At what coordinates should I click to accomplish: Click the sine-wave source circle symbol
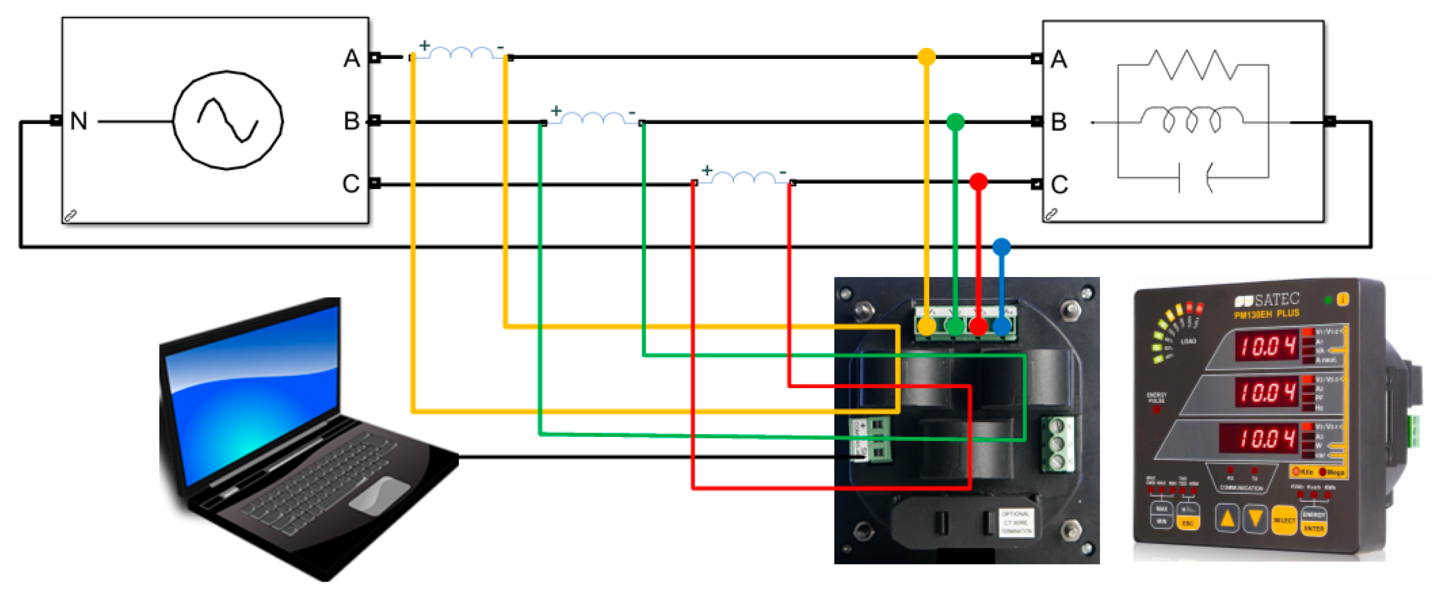228,120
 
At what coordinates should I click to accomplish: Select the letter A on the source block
351,58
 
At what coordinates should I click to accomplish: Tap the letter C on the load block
1059,184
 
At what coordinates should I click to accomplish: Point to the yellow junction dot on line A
926,57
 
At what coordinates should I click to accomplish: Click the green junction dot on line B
955,121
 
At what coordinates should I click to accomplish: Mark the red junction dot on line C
978,182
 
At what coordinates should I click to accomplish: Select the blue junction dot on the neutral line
1001,246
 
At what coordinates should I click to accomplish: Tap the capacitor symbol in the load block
1194,178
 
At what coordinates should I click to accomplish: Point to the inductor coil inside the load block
1192,119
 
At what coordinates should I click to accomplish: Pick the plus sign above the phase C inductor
707,170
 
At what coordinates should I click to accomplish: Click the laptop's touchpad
379,495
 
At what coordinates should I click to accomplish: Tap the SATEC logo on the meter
1266,300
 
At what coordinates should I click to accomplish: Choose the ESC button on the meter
1188,523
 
